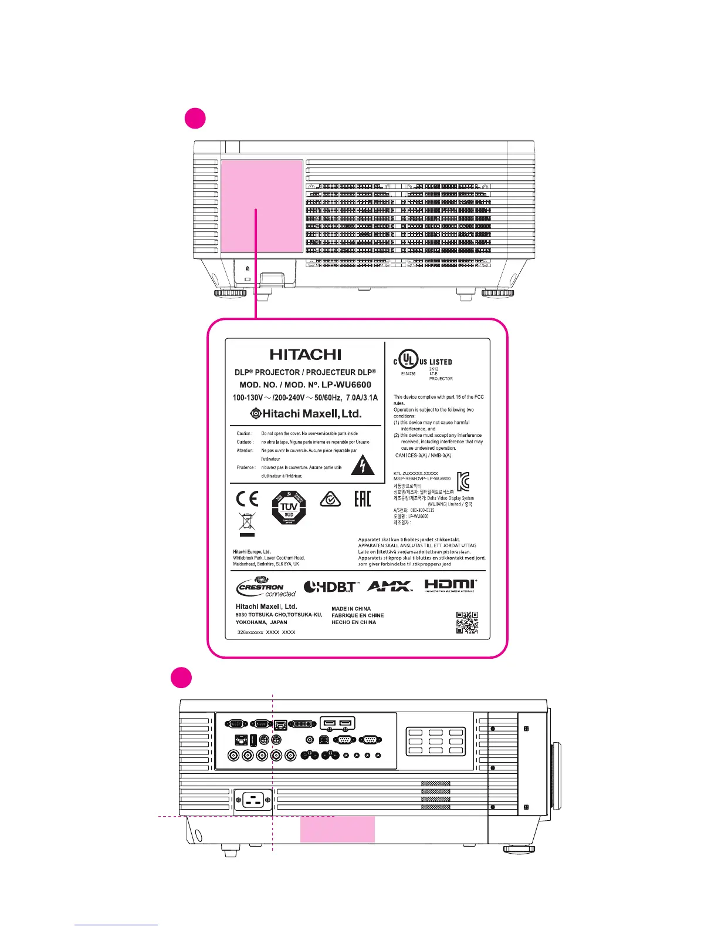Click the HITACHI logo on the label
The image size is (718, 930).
click(305, 355)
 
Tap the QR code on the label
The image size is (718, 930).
click(467, 623)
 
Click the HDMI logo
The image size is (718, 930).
click(451, 585)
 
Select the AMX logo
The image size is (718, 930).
click(390, 586)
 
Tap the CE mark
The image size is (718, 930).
click(247, 498)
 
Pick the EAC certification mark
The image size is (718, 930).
click(363, 499)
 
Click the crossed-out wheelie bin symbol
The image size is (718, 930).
click(247, 524)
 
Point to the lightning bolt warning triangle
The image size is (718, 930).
click(363, 465)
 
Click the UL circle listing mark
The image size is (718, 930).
click(408, 359)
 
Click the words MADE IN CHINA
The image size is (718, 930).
click(351, 609)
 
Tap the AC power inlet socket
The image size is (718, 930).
click(253, 799)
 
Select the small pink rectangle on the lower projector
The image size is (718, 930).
click(337, 829)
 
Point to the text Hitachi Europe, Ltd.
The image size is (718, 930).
click(252, 552)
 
